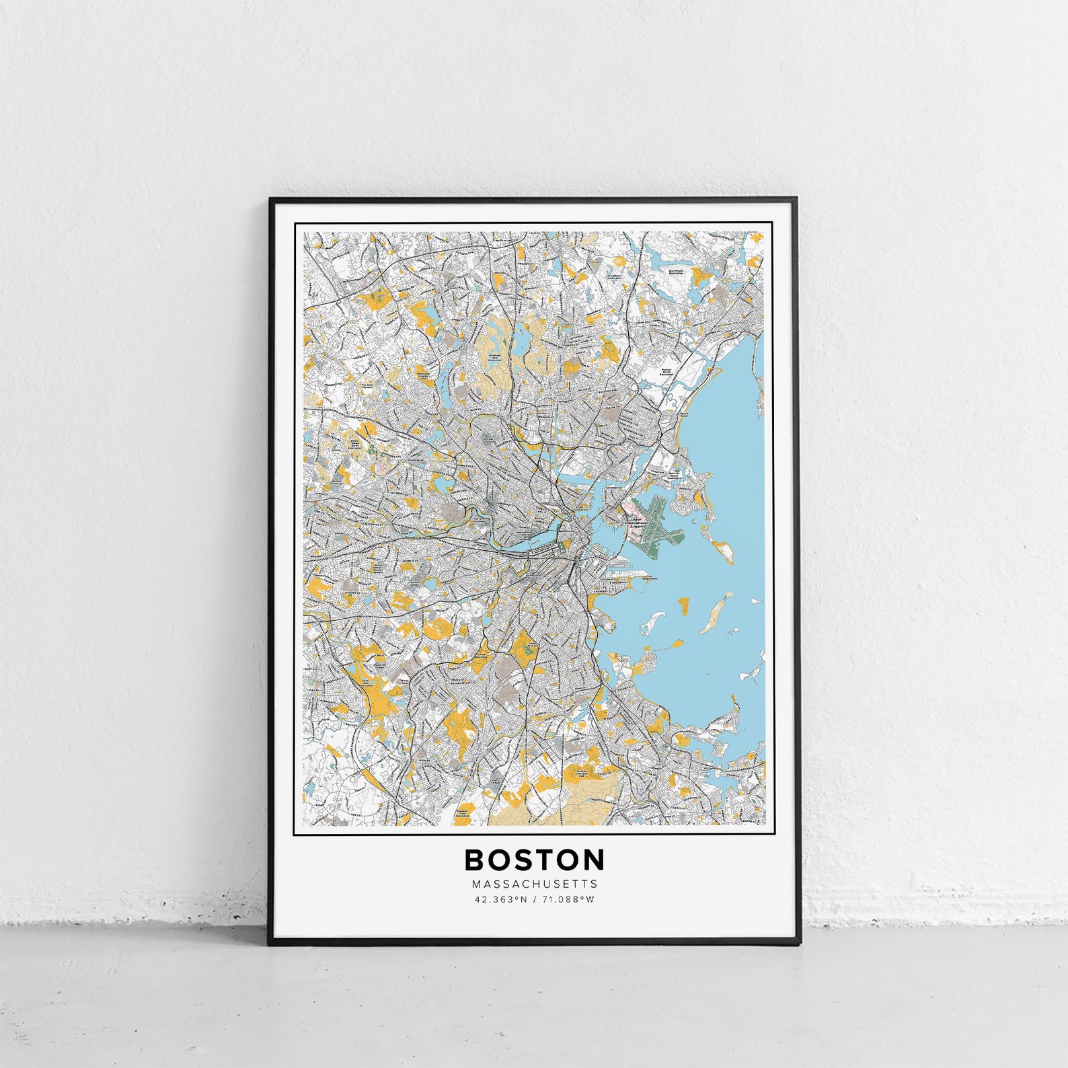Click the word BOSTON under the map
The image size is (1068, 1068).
tap(534, 860)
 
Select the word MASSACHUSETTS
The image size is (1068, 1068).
tap(534, 884)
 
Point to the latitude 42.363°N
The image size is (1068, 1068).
tap(500, 899)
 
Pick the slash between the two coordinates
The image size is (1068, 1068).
tap(534, 899)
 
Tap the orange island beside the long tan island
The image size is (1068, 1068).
tap(685, 605)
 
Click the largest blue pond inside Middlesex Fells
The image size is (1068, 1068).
tap(521, 343)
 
